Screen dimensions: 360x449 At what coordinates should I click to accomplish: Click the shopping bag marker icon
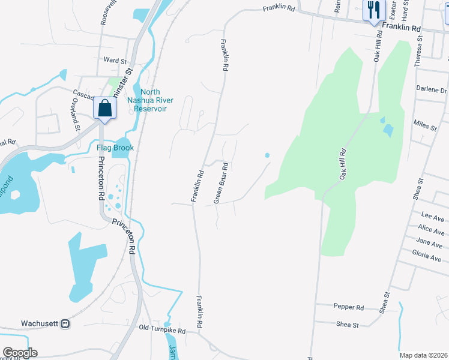point(104,109)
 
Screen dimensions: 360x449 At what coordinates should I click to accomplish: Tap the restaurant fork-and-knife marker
point(372,10)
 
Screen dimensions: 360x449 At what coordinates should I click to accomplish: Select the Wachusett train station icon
point(65,323)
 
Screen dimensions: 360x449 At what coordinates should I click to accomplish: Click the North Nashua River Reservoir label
point(150,100)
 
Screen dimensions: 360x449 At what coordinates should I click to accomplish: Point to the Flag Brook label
point(115,148)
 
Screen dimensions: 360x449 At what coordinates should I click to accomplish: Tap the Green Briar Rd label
point(220,182)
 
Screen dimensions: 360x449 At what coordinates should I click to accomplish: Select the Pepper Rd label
point(348,307)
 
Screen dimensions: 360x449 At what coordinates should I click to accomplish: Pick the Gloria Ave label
point(427,256)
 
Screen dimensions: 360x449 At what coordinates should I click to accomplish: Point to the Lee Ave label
point(432,215)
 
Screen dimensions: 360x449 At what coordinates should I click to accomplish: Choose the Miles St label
point(425,125)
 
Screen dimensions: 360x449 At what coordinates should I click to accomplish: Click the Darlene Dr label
point(432,90)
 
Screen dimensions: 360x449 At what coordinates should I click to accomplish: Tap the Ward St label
point(115,61)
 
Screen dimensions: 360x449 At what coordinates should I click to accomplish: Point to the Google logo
point(19,353)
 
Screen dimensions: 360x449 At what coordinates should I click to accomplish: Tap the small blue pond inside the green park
point(387,128)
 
